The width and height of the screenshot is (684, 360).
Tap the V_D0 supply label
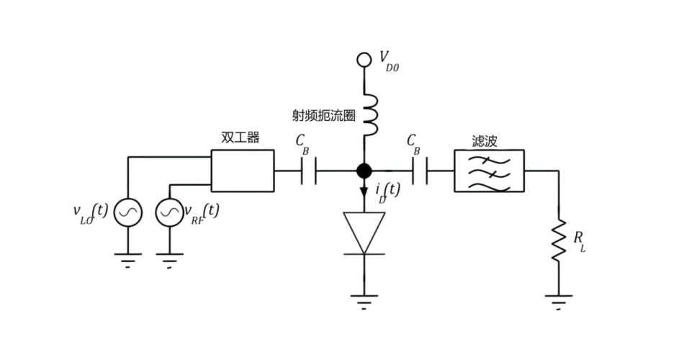click(x=388, y=60)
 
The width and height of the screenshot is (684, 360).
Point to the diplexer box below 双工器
click(x=243, y=171)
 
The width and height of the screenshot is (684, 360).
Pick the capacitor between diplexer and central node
click(x=307, y=171)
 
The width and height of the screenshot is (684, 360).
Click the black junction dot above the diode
click(x=364, y=171)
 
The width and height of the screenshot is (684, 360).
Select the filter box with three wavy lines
click(x=489, y=171)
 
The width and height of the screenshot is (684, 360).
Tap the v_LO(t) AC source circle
click(x=128, y=212)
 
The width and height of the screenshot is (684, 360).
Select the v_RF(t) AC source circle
click(x=169, y=212)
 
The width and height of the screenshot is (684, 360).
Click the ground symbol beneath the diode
click(x=364, y=300)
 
